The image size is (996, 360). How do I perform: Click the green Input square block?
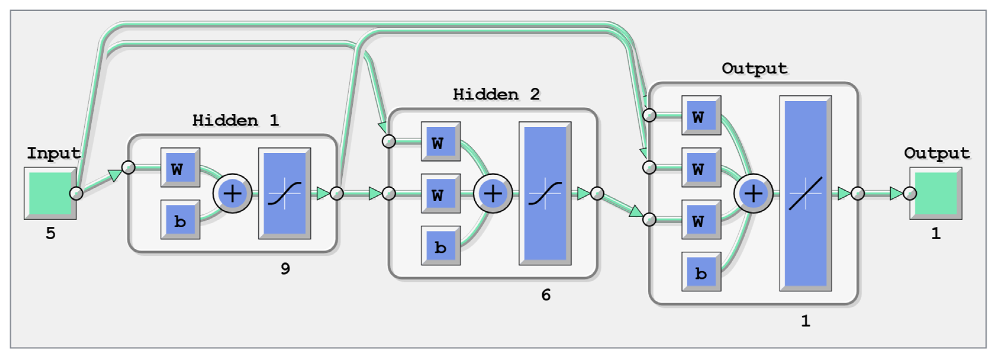[50, 193]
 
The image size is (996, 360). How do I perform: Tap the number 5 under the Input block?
[50, 233]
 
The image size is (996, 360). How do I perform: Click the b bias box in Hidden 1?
[180, 220]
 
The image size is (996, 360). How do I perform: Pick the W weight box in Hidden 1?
[180, 168]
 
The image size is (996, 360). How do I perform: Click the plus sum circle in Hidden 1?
[232, 193]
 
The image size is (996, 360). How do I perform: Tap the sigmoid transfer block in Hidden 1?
[285, 193]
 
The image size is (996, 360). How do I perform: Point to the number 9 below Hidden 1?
[285, 268]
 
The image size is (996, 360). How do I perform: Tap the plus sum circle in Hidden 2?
[493, 193]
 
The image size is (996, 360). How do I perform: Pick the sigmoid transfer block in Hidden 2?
[545, 193]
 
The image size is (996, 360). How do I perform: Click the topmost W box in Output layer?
[701, 115]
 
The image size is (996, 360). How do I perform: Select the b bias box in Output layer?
[701, 271]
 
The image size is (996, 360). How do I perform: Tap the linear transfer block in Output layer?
[805, 193]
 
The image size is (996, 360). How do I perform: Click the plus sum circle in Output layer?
[753, 193]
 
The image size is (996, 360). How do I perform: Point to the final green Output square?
[936, 193]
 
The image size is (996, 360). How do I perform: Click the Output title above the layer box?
[754, 68]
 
